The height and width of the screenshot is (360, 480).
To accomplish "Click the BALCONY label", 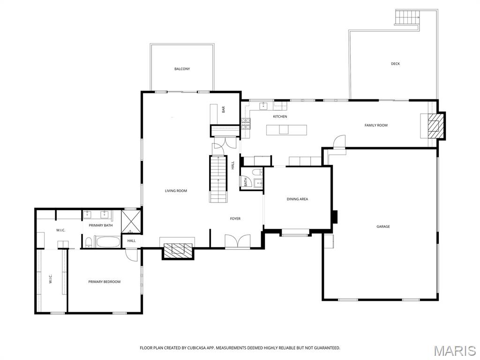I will [x=182, y=69].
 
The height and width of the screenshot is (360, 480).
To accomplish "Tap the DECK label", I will [x=395, y=64].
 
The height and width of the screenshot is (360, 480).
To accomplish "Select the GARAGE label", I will [x=383, y=226].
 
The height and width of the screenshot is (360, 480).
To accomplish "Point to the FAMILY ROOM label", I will [x=376, y=125].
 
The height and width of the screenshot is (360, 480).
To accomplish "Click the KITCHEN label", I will [x=280, y=116].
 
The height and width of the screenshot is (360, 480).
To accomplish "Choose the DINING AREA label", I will [x=297, y=199].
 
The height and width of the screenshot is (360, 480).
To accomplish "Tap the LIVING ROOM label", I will [x=176, y=191].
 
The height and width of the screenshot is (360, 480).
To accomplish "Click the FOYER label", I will [x=235, y=218].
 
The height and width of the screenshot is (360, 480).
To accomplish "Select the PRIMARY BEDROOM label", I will [x=105, y=282].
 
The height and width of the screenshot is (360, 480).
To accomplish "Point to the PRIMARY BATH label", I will [x=101, y=225].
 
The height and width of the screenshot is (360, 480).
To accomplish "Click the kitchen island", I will [x=286, y=130].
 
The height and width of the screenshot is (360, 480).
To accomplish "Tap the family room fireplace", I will [x=434, y=126].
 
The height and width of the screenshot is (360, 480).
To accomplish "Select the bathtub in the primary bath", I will [x=107, y=241].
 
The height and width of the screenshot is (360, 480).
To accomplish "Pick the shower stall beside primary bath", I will [x=130, y=222].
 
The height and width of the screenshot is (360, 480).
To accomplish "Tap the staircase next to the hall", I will [x=218, y=179].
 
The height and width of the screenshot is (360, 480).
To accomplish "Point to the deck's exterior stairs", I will [x=406, y=17].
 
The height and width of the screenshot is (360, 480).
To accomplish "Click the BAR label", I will [x=224, y=110].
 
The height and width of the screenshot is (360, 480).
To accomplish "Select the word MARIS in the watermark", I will [x=454, y=351].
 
